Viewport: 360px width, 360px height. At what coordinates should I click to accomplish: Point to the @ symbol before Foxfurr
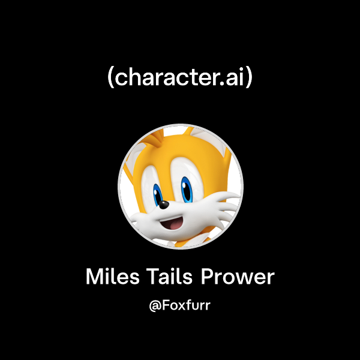[x=154, y=305]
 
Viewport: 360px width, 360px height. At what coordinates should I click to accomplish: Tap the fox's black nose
[x=164, y=204]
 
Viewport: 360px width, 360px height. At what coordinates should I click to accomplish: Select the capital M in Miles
[x=94, y=277]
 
